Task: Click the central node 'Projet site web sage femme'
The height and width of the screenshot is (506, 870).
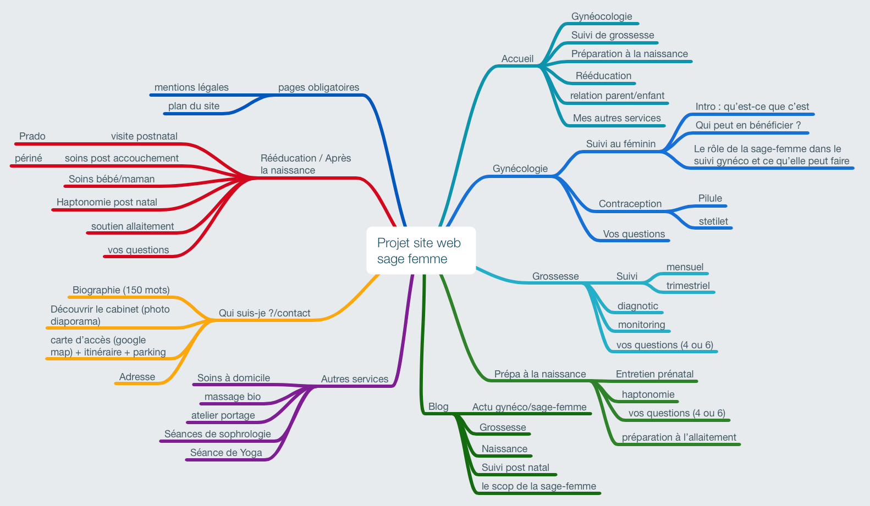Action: click(x=421, y=251)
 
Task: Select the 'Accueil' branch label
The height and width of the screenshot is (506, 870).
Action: click(x=517, y=59)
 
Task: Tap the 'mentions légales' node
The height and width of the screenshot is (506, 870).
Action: click(x=191, y=87)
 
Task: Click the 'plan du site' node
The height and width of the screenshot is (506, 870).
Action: click(x=194, y=106)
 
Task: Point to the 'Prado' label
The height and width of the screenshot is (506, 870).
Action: click(x=32, y=136)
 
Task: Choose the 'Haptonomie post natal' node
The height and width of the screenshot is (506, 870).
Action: click(x=107, y=202)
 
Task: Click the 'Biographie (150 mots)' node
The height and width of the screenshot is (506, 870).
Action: click(x=121, y=290)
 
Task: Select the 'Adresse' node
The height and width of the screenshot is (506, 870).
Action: click(x=137, y=377)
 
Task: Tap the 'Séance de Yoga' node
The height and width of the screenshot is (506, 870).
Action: click(x=226, y=453)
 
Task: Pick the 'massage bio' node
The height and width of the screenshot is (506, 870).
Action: click(x=233, y=397)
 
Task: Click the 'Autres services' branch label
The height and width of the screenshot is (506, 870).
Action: click(x=355, y=379)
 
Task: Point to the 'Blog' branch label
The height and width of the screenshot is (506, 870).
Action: click(x=438, y=407)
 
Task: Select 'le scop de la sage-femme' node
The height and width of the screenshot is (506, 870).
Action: click(x=538, y=486)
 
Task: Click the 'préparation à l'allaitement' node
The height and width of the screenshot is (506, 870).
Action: click(x=679, y=437)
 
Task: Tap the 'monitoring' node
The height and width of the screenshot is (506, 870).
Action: click(x=641, y=325)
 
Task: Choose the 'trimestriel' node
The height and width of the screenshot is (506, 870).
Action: click(x=688, y=286)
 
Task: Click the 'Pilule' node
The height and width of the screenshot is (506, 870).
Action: click(x=710, y=198)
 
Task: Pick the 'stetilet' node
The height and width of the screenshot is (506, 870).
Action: click(x=713, y=221)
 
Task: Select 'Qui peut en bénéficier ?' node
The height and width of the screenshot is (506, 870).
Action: click(x=748, y=125)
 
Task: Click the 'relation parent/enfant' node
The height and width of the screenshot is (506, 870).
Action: click(x=617, y=96)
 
